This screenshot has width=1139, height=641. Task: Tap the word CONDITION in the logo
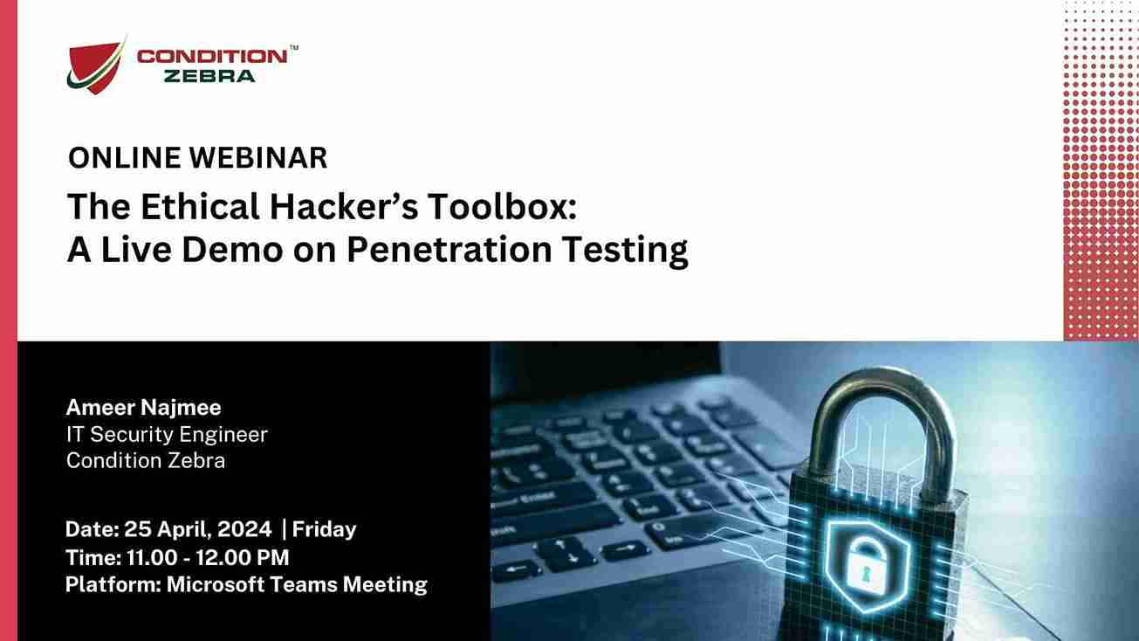point(212,56)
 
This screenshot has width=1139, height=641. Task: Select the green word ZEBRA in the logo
point(209,76)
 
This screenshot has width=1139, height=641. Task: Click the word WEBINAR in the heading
point(258,158)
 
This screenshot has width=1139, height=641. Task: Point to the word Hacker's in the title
point(344,207)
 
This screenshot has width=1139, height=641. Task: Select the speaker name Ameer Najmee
point(143,407)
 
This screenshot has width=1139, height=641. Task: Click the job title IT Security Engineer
point(167,434)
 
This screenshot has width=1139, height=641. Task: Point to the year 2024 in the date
point(244,529)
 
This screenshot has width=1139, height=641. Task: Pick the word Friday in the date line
point(324,529)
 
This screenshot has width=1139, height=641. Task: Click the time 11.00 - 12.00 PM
point(208,557)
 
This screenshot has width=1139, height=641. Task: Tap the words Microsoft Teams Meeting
point(297,585)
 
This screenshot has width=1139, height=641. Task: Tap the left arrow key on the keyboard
point(516,569)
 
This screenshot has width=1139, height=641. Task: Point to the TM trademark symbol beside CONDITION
point(294,47)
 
